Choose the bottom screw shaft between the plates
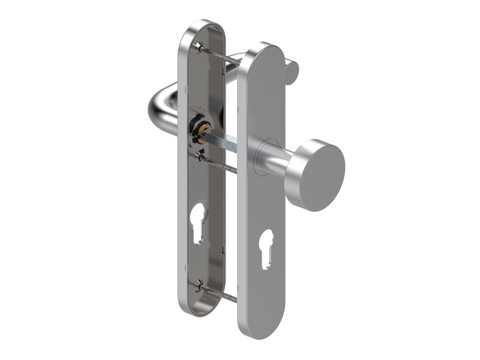coord(221,293)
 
